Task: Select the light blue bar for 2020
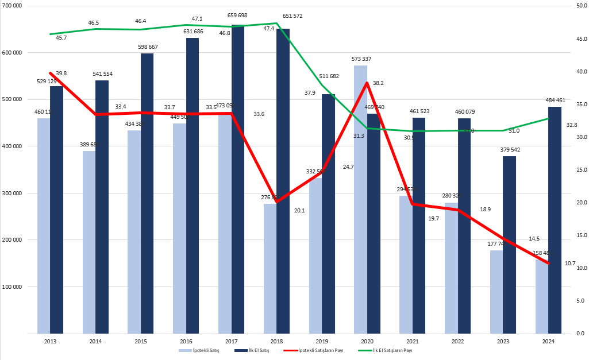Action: (360, 201)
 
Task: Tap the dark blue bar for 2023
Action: (509, 247)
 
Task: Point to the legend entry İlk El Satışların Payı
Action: (392, 350)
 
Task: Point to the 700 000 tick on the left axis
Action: (12, 5)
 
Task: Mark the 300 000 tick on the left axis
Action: (12, 193)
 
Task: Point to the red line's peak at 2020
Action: (367, 83)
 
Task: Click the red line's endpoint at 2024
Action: (549, 264)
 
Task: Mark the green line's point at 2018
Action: (277, 24)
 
